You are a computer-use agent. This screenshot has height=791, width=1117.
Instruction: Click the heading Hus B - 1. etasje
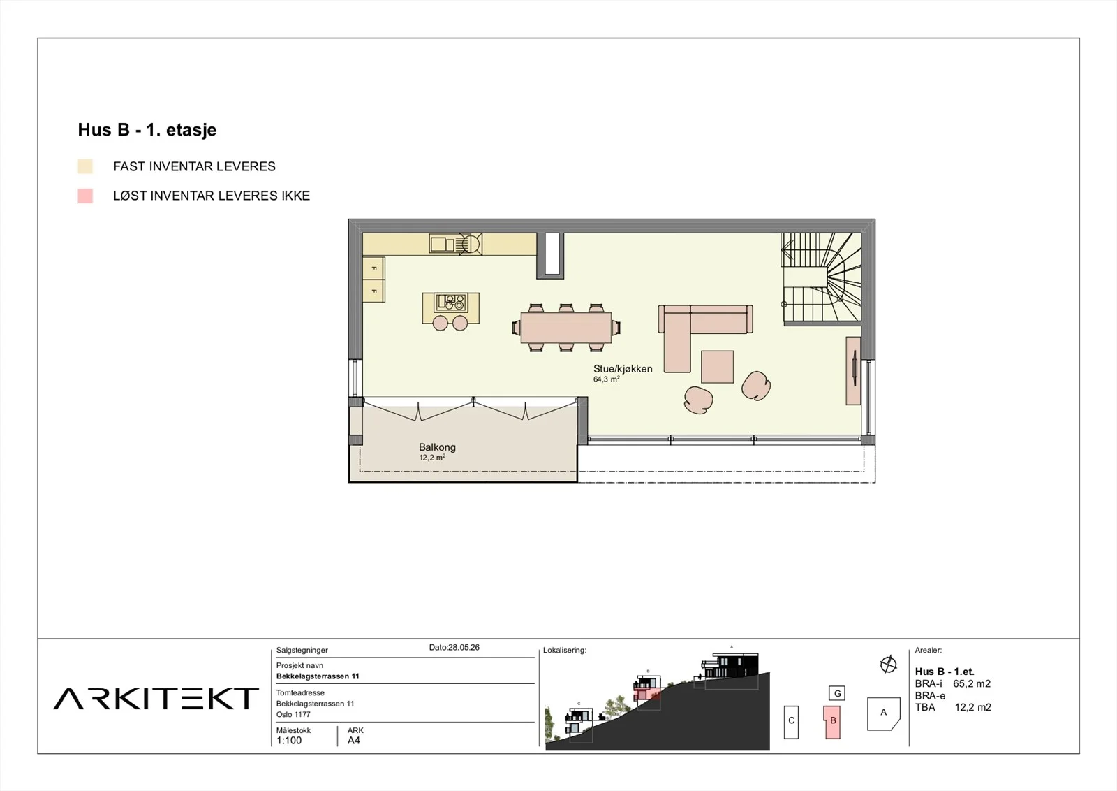[147, 130]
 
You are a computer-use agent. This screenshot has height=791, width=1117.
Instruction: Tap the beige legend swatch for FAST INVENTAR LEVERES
[85, 167]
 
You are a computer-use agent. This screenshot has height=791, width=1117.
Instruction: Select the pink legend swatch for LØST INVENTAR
[85, 196]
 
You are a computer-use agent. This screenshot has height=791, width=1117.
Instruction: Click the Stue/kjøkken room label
[623, 369]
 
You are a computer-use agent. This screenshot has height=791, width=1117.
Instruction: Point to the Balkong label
[437, 447]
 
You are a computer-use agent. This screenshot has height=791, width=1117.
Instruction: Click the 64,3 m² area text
[607, 379]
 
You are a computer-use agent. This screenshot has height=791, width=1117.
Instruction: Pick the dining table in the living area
[566, 328]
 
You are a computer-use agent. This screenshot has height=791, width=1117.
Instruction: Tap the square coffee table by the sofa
[718, 367]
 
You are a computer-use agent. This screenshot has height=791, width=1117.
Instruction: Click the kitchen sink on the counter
[443, 244]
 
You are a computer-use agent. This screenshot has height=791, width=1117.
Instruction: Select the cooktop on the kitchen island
[451, 303]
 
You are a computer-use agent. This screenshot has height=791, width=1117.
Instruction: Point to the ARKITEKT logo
[156, 699]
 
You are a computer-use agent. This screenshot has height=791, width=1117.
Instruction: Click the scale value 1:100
[289, 741]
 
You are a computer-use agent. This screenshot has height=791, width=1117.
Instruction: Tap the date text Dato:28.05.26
[454, 647]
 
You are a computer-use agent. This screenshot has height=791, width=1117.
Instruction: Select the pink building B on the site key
[832, 722]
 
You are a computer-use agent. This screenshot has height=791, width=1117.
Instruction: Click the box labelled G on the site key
[837, 693]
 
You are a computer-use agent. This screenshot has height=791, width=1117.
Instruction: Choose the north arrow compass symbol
[888, 665]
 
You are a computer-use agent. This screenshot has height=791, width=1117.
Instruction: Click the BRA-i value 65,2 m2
[972, 683]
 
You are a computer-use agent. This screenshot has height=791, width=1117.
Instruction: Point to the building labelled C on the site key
[792, 722]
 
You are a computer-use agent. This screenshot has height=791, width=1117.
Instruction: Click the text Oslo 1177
[293, 715]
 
